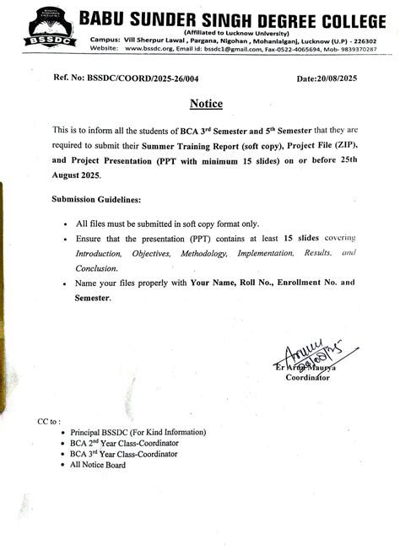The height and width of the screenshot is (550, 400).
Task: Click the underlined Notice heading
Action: click(x=206, y=104)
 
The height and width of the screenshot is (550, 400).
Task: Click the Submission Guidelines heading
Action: click(x=96, y=199)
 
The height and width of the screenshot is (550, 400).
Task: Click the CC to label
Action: click(x=49, y=419)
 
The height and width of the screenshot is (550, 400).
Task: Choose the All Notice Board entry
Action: click(x=98, y=465)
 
